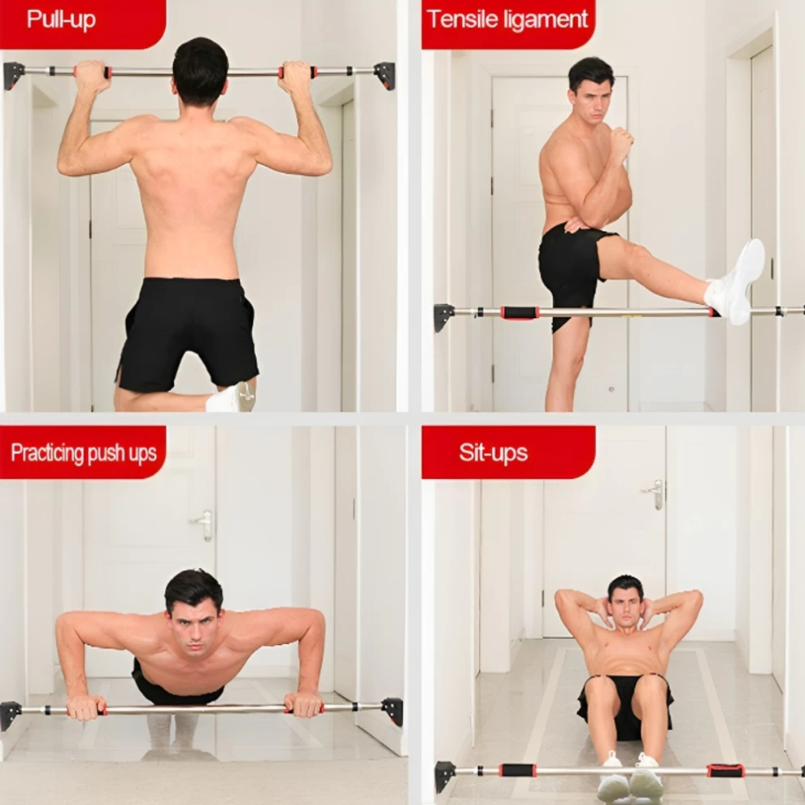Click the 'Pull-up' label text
(x=61, y=20)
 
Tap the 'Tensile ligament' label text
(x=507, y=19)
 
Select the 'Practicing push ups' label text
(x=84, y=453)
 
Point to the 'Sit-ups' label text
(x=494, y=452)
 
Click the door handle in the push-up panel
(x=204, y=524)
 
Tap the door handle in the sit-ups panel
(x=655, y=494)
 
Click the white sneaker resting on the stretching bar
(x=737, y=282)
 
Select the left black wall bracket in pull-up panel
(x=14, y=75)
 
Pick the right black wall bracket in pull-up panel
(x=385, y=75)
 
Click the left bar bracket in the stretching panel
(x=444, y=317)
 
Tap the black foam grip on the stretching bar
(x=519, y=313)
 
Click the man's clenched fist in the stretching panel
(x=621, y=137)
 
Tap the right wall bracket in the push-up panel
(x=393, y=711)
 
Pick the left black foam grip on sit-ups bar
(x=517, y=770)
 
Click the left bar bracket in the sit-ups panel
(x=445, y=776)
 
